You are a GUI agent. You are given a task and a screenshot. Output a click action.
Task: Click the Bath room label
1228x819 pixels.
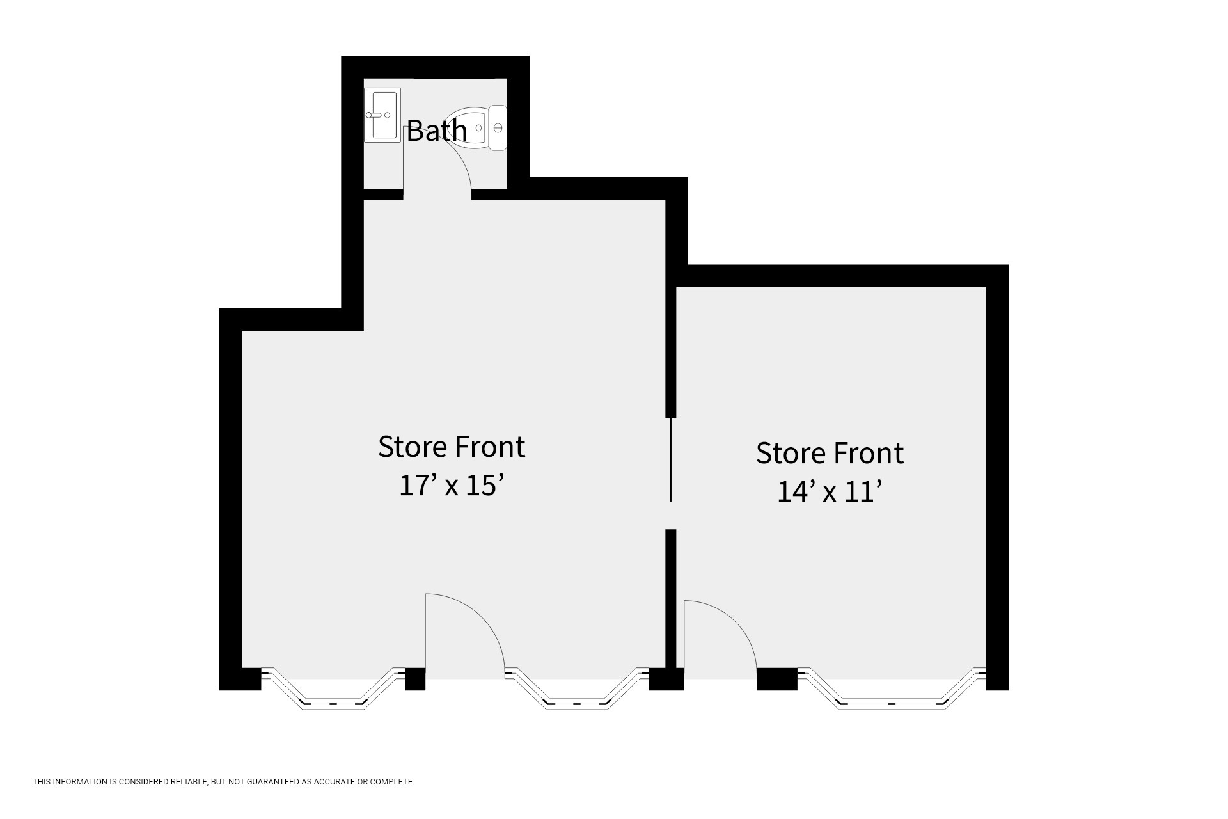[x=437, y=131]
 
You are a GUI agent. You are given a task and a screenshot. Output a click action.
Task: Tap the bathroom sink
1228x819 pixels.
[x=382, y=115]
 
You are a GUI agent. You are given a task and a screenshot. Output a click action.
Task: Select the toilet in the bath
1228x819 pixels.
[x=481, y=128]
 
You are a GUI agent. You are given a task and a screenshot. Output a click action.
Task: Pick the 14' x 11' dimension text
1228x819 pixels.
[x=830, y=491]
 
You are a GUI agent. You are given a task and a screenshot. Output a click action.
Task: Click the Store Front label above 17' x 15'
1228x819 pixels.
[x=452, y=447]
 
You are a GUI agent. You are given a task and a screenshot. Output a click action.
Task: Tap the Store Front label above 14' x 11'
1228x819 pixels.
[x=830, y=453]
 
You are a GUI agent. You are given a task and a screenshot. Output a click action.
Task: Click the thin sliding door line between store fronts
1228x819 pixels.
[x=670, y=459]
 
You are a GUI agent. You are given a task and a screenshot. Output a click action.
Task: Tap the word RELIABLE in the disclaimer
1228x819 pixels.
[x=188, y=781]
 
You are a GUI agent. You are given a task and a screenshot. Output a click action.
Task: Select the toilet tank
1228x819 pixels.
[x=498, y=128]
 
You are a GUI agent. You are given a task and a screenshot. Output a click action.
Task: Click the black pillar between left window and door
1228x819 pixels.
[x=416, y=679]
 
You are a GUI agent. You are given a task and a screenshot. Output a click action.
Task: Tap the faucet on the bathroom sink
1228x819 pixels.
[x=375, y=115]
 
